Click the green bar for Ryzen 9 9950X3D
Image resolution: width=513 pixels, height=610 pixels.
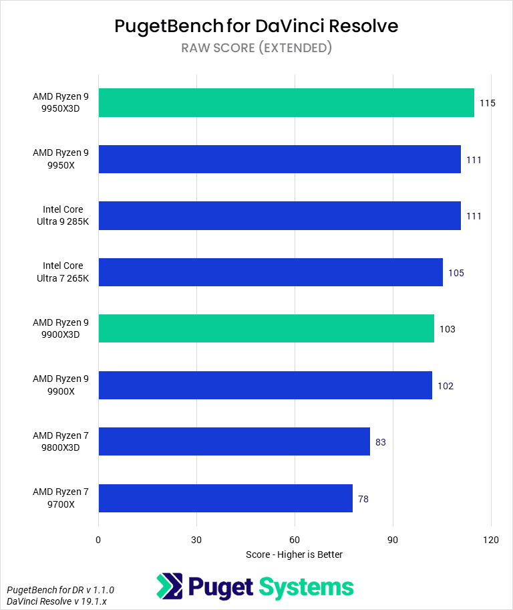click(287, 103)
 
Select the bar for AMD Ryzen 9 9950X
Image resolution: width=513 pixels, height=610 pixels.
click(280, 159)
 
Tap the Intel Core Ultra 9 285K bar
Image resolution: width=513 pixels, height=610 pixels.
click(280, 215)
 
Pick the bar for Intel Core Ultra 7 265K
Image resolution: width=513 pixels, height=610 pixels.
click(271, 272)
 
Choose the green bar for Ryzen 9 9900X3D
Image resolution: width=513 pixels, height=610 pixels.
click(267, 328)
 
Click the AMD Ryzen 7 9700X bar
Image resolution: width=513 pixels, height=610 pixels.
click(225, 498)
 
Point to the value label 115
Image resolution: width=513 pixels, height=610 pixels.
click(488, 103)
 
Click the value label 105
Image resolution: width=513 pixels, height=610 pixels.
click(456, 273)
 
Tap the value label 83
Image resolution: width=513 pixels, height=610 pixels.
click(381, 442)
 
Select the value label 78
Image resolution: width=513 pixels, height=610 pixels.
click(363, 499)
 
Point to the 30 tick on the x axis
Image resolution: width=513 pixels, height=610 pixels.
click(196, 540)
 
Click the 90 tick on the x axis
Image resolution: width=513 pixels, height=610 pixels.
click(393, 540)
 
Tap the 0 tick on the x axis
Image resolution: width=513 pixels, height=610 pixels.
click(98, 540)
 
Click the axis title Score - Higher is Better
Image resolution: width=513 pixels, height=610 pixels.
click(294, 554)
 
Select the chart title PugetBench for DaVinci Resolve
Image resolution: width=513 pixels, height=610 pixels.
click(256, 26)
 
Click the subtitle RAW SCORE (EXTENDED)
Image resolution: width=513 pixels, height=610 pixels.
click(256, 48)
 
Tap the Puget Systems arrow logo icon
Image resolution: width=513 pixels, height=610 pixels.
click(170, 586)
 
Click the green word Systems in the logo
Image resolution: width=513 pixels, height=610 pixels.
click(306, 587)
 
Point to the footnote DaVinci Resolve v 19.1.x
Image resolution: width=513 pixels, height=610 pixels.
click(57, 601)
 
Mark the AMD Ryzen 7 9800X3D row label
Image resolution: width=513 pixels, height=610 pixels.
click(61, 441)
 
